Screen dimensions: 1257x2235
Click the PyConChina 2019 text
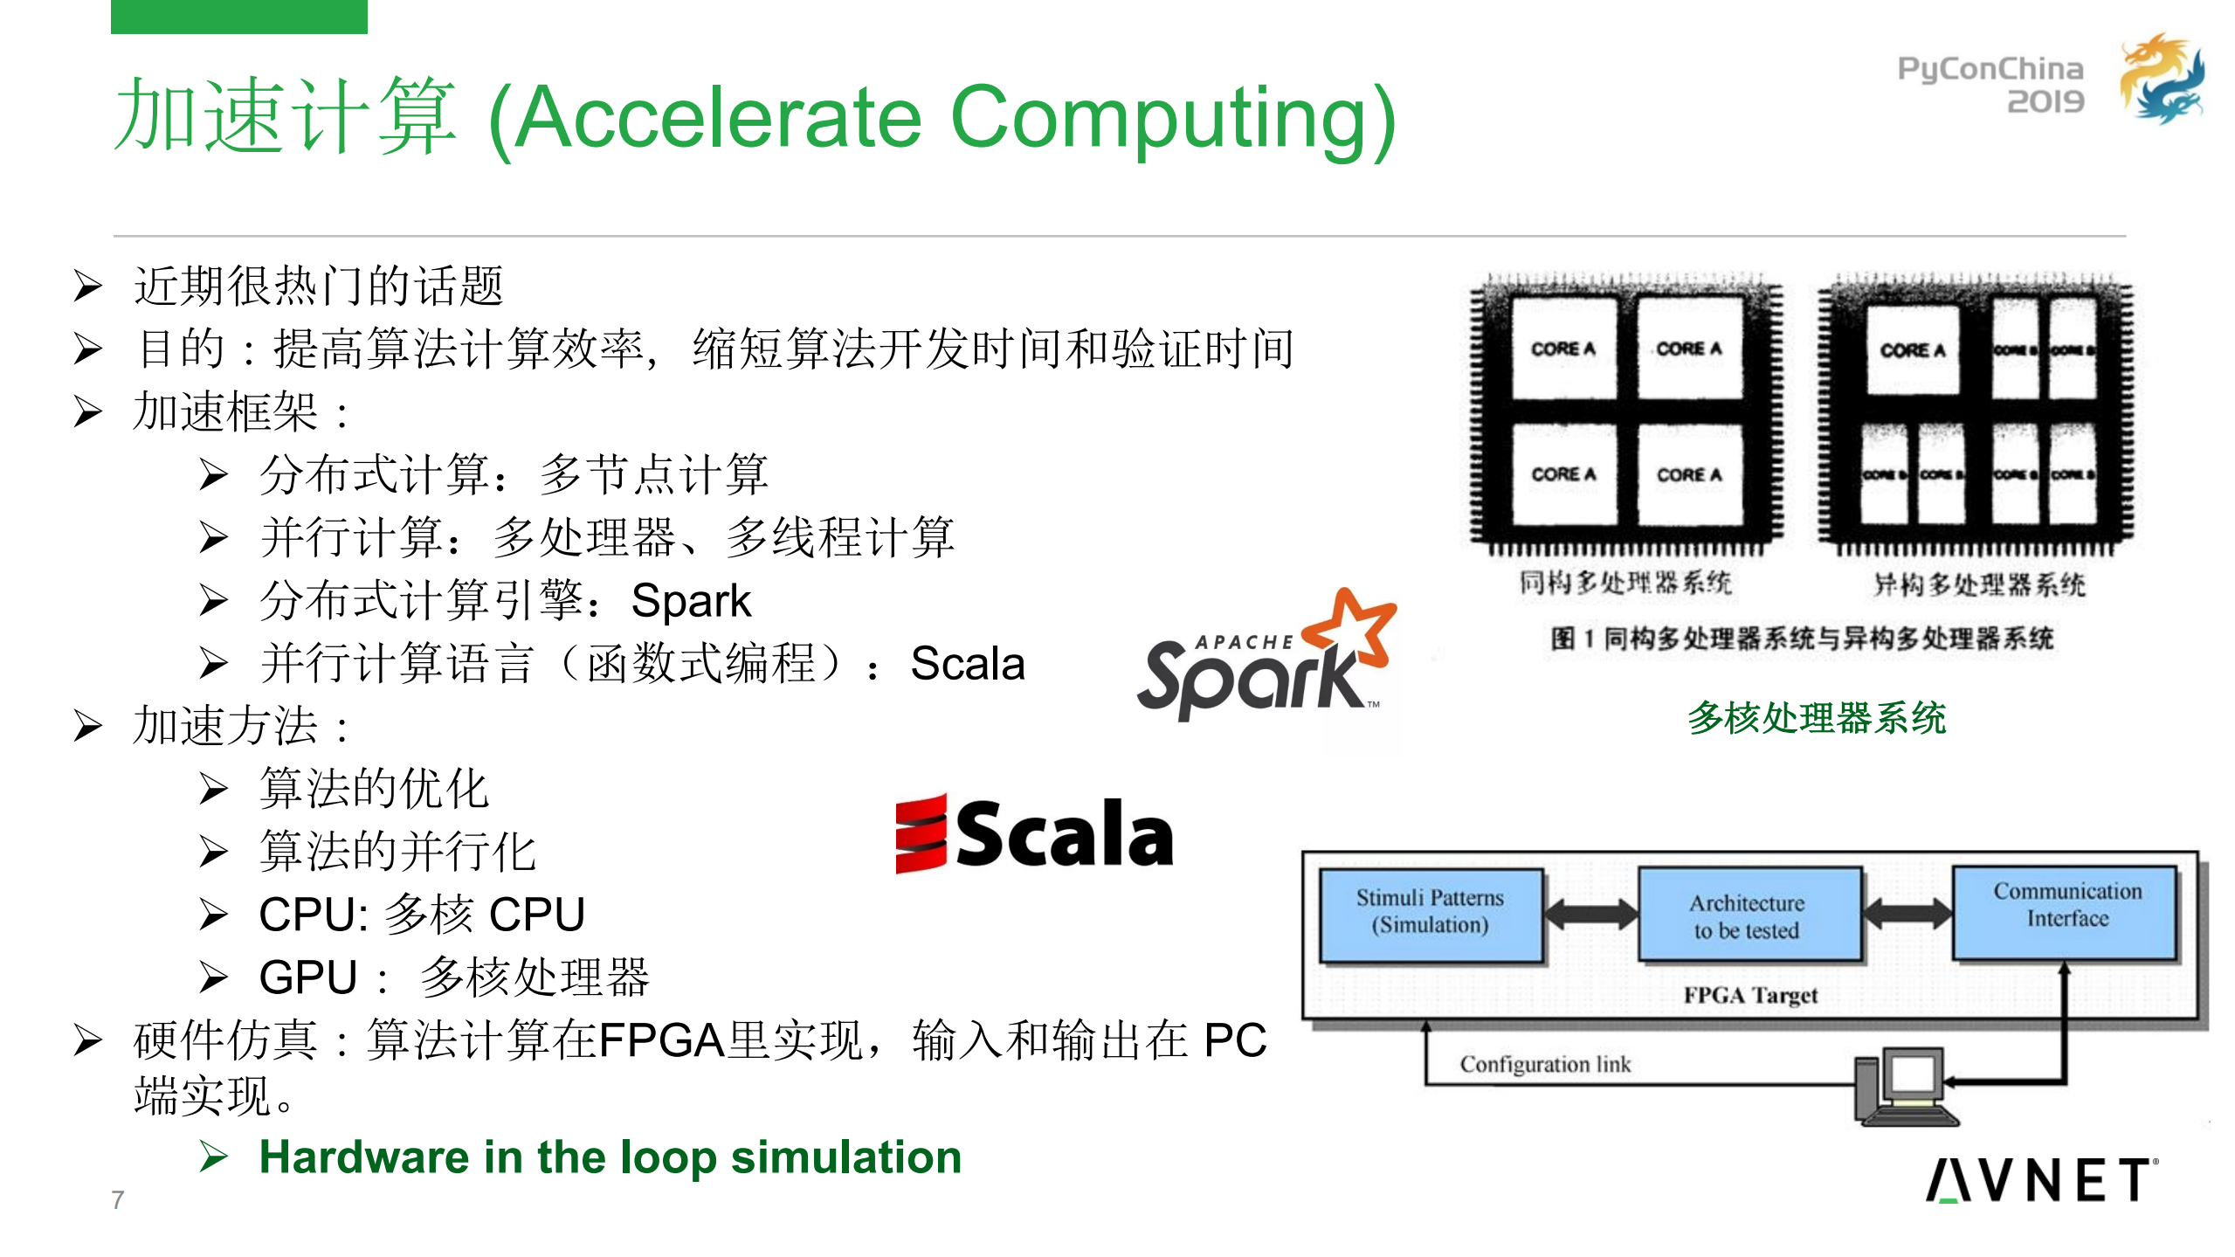click(1990, 85)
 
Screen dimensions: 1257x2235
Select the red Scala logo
click(1034, 834)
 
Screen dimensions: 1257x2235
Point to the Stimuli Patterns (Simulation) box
click(1430, 913)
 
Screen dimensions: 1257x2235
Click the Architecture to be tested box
click(1747, 915)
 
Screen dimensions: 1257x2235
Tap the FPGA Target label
click(1750, 996)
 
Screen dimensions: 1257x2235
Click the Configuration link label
click(1545, 1064)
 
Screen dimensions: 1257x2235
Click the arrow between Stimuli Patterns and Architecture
click(1590, 915)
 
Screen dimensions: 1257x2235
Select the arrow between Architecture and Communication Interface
click(1907, 914)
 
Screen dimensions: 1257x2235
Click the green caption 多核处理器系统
click(1817, 718)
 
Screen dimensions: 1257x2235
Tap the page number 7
click(118, 1200)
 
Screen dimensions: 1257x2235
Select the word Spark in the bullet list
click(690, 601)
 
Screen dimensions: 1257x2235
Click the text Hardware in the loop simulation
click(610, 1157)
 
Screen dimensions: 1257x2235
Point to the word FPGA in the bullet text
click(661, 1041)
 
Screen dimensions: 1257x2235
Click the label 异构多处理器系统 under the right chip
click(1979, 584)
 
